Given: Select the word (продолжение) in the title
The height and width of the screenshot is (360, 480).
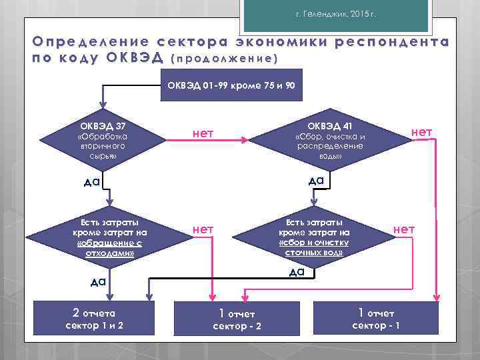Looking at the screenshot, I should (225, 58).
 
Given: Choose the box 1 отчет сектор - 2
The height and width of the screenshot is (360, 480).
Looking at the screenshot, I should (237, 319).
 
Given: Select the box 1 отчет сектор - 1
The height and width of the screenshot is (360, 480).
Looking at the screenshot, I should (376, 319).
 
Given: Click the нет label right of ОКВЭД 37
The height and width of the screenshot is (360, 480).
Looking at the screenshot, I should (203, 133).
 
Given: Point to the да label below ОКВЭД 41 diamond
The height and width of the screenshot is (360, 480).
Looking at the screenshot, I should (316, 180).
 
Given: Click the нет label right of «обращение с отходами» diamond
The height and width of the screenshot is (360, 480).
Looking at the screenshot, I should (203, 229).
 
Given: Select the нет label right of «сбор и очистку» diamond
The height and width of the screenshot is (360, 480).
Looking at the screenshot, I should (404, 229).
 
